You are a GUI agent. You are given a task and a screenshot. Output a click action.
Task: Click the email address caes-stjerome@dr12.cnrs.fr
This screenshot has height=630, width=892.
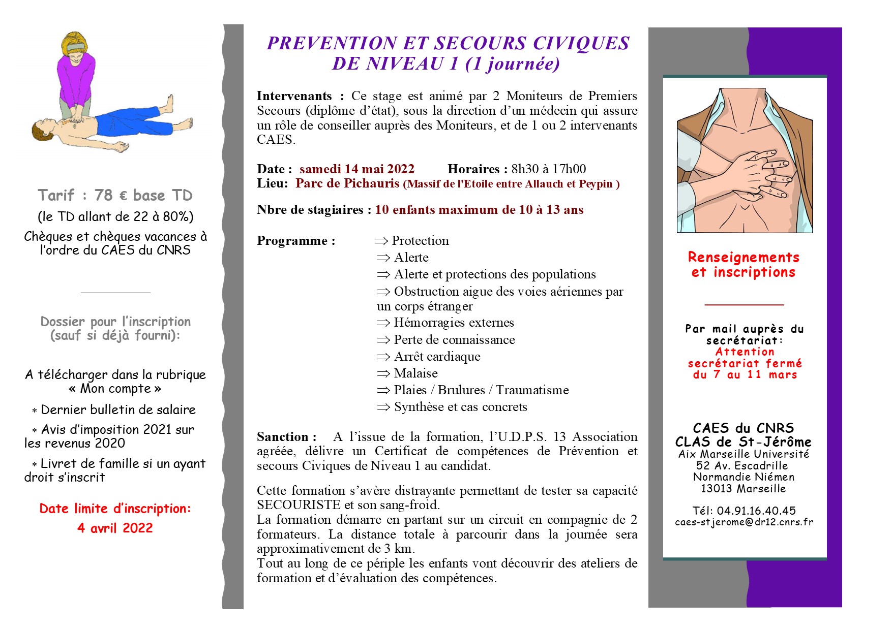click(744, 522)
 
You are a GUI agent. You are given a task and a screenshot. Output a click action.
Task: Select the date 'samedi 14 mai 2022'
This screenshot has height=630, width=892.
click(356, 169)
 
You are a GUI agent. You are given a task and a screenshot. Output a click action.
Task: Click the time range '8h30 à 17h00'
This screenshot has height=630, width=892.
click(548, 169)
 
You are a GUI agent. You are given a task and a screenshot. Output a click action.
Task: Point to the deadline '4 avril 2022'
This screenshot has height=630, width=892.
click(115, 528)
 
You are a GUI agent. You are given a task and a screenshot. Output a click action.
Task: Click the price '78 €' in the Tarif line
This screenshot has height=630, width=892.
click(111, 196)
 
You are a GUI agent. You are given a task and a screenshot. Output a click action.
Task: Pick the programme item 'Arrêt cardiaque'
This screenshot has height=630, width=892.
click(437, 357)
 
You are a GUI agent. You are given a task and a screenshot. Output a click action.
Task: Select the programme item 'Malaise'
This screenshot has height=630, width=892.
click(415, 373)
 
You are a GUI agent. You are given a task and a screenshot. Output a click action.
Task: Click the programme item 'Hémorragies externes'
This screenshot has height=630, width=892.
click(454, 323)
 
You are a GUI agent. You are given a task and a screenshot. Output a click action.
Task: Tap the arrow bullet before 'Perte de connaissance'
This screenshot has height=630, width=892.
click(383, 340)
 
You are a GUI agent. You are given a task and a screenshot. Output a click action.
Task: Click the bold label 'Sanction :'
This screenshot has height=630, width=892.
click(286, 437)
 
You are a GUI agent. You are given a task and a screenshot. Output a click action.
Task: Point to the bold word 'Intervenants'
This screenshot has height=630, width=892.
click(294, 96)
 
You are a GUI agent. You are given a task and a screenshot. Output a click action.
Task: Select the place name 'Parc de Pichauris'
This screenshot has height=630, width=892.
click(347, 183)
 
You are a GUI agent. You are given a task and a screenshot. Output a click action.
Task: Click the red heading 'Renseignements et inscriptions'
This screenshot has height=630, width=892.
click(743, 265)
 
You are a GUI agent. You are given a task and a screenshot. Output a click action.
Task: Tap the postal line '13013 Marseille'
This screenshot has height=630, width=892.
click(743, 489)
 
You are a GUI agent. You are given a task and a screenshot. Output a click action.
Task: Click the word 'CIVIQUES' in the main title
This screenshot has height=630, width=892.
click(581, 44)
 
